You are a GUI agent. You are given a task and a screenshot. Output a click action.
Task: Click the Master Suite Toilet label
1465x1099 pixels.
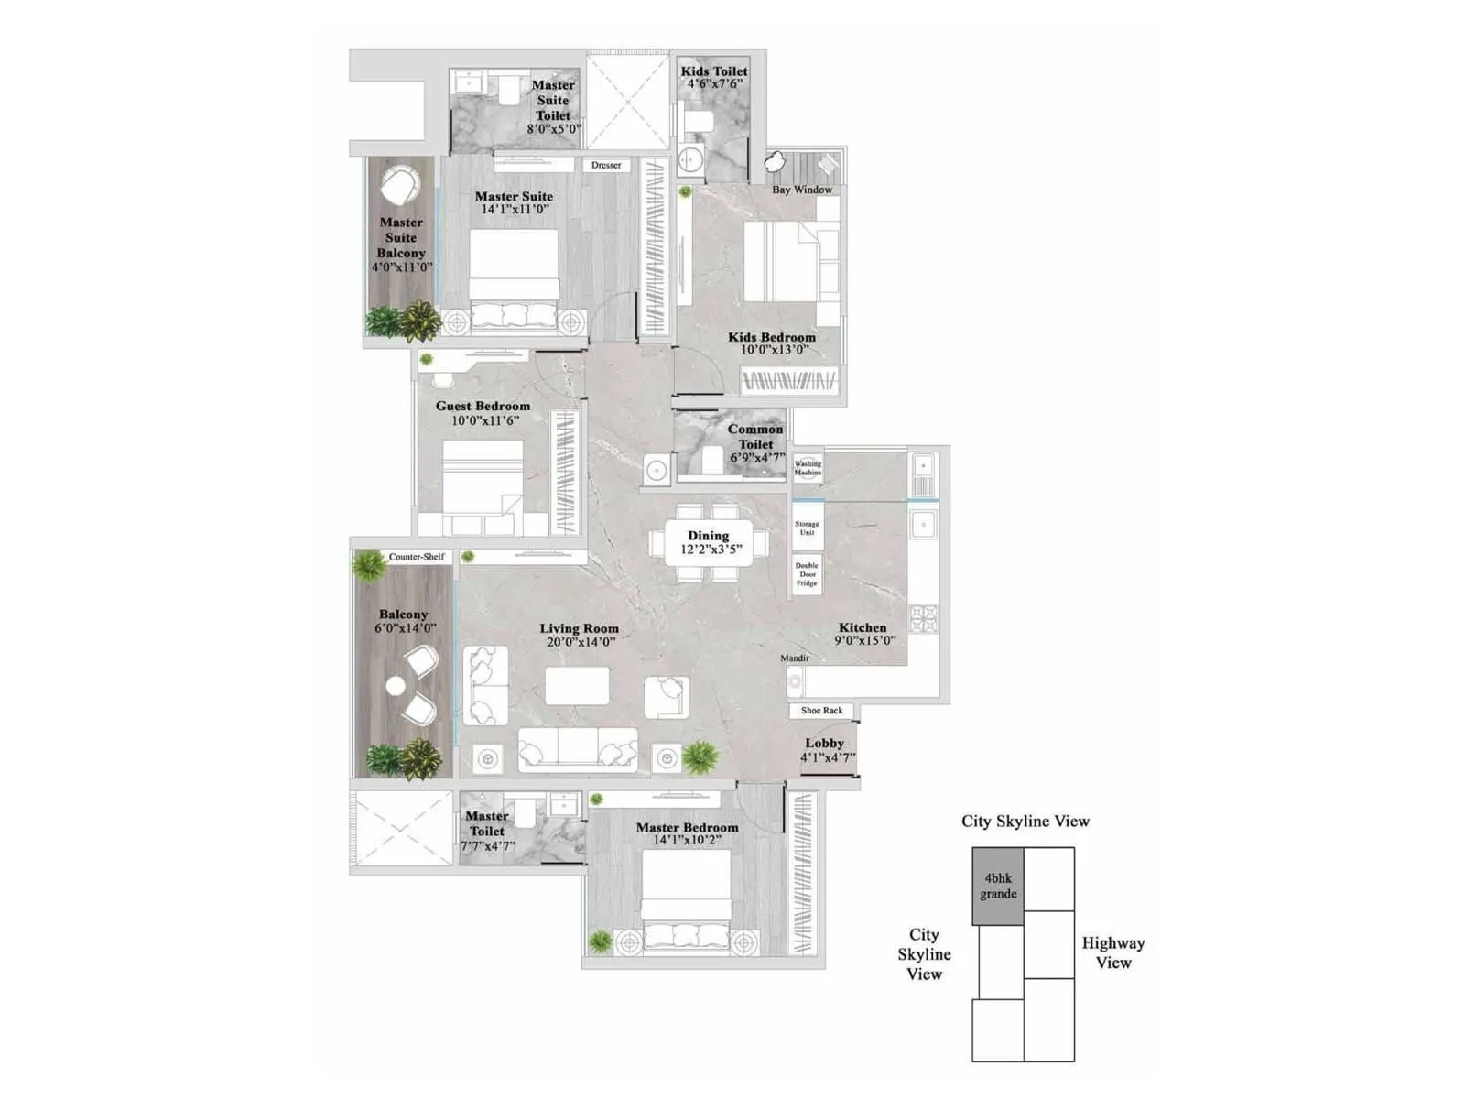(553, 101)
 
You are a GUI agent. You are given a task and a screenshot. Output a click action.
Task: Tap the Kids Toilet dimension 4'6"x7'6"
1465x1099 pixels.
(714, 84)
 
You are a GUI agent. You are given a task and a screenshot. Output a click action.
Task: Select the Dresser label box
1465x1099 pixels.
(606, 166)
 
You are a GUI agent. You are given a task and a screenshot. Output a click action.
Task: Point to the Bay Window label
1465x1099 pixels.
(802, 190)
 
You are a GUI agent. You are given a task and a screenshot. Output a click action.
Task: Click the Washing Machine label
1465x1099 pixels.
(808, 468)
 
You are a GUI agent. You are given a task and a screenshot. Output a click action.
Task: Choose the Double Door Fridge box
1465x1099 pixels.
(807, 575)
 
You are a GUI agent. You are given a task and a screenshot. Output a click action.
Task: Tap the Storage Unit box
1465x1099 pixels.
(807, 528)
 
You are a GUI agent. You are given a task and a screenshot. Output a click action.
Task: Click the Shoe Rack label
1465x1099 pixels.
(821, 711)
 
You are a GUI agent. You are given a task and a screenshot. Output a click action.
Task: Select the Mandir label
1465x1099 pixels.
(795, 658)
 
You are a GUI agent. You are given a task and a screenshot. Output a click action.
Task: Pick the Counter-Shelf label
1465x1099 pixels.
(417, 557)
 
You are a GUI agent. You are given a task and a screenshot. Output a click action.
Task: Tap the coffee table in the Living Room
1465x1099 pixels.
(577, 686)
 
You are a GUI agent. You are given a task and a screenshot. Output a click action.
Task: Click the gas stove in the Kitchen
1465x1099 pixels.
(923, 618)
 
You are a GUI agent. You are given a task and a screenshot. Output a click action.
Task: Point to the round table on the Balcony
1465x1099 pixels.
(396, 686)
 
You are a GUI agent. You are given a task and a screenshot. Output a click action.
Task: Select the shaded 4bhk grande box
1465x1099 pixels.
(998, 887)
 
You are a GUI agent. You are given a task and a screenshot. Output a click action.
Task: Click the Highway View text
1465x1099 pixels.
(1112, 952)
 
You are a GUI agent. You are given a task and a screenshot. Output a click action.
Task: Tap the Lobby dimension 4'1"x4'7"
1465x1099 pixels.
(827, 757)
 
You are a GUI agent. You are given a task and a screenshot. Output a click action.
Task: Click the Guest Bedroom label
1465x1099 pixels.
(483, 407)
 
